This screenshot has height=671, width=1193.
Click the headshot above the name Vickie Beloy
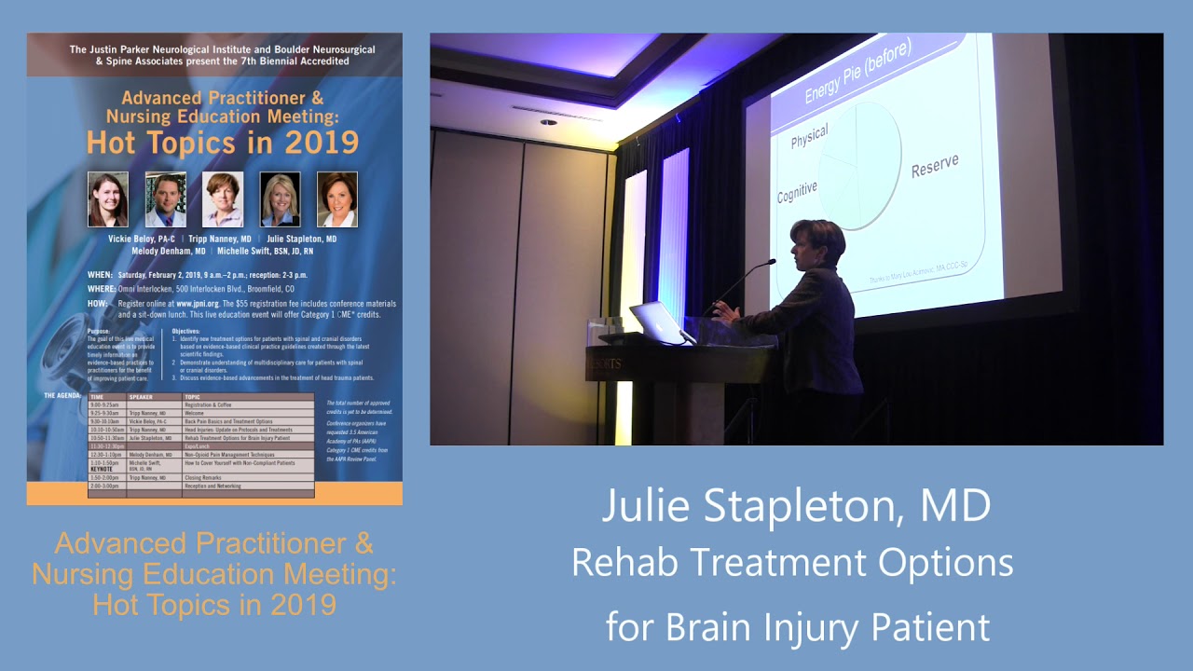(x=108, y=199)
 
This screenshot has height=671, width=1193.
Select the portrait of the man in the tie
(x=166, y=199)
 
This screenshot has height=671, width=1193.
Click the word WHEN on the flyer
(x=100, y=276)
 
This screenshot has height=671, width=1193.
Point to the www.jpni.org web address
(x=197, y=304)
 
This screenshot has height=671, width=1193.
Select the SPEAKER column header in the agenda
(x=141, y=396)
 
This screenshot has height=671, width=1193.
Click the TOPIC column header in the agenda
(x=192, y=396)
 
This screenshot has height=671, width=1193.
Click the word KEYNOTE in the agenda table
(x=102, y=469)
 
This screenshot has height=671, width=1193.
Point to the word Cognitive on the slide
(x=797, y=191)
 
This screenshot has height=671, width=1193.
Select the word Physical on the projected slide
(x=808, y=136)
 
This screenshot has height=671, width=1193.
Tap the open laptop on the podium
(x=658, y=322)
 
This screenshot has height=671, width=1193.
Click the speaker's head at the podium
(x=816, y=242)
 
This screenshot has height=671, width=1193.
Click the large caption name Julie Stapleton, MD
(x=795, y=506)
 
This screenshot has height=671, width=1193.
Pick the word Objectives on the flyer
(x=186, y=331)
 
